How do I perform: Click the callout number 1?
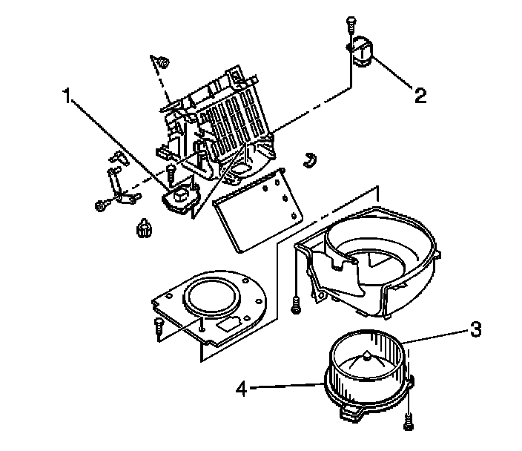click(x=67, y=96)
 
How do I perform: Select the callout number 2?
click(x=420, y=94)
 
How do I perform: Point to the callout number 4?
click(x=242, y=386)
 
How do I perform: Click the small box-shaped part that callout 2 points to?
click(x=364, y=52)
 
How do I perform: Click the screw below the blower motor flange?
click(x=409, y=423)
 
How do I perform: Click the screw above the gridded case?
click(x=161, y=62)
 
